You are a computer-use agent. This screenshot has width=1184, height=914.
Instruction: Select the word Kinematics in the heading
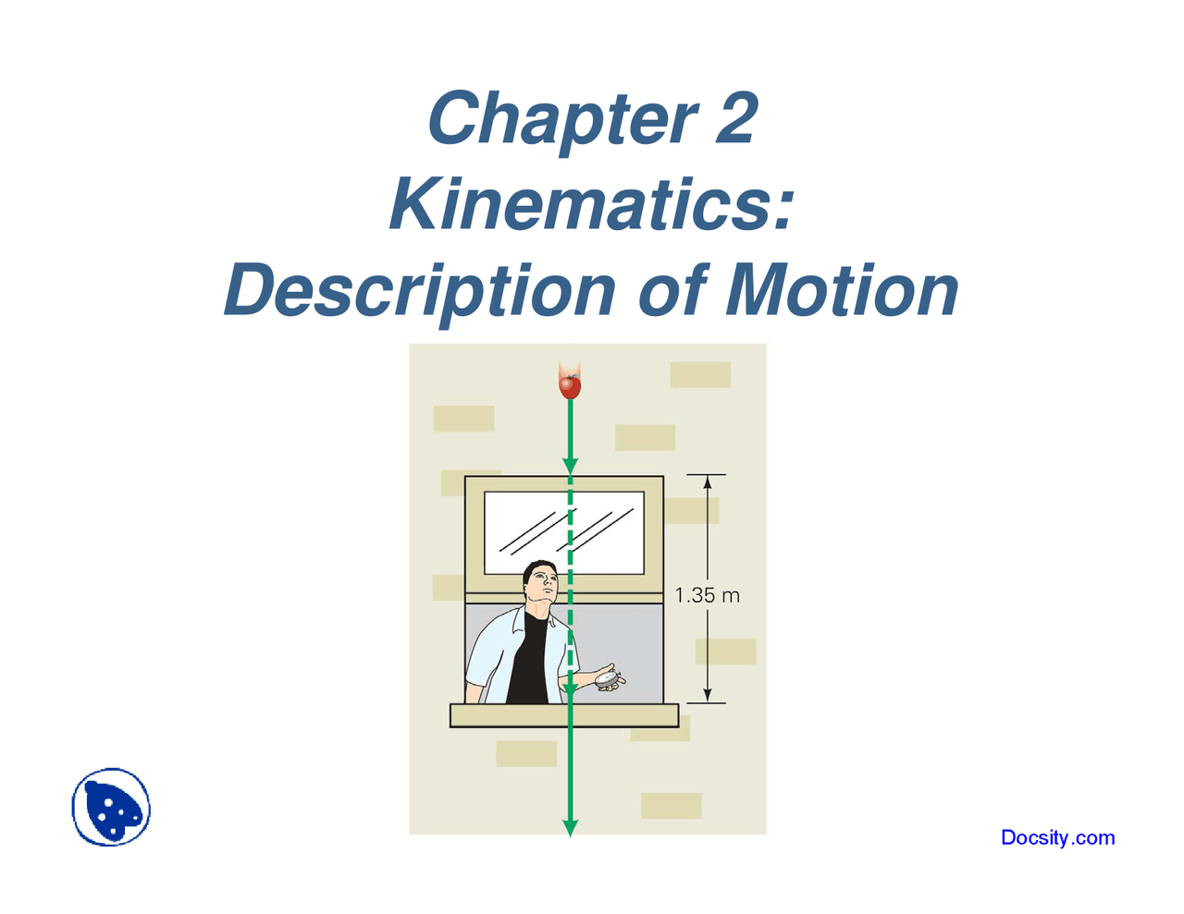click(592, 204)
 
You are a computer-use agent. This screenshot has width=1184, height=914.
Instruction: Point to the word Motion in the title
click(843, 290)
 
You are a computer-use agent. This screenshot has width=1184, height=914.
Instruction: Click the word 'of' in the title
click(670, 290)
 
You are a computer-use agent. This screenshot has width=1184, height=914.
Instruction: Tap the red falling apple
click(570, 384)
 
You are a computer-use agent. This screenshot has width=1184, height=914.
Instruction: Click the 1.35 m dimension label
click(708, 596)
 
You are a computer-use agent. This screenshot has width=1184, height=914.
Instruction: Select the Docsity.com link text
click(1057, 838)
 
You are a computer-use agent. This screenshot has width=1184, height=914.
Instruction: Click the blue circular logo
click(112, 807)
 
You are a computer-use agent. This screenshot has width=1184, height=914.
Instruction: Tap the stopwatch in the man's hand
click(608, 679)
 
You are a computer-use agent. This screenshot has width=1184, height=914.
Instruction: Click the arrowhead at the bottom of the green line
click(571, 827)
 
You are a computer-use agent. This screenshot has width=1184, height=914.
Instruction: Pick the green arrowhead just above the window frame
click(571, 465)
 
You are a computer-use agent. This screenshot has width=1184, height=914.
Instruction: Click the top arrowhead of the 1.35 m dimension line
click(708, 482)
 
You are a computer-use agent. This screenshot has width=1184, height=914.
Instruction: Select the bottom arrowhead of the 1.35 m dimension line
click(708, 695)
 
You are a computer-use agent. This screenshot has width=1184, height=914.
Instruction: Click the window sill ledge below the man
click(564, 715)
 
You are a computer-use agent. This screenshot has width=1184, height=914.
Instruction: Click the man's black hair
click(536, 568)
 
